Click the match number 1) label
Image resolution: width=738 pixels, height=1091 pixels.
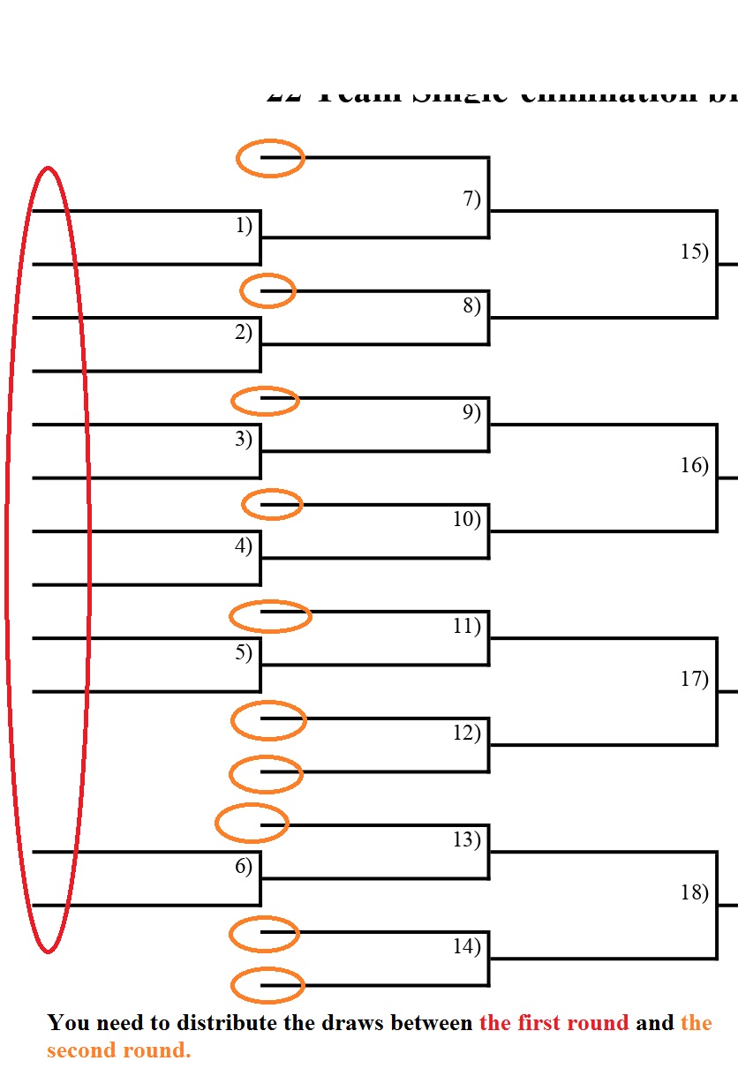tap(244, 226)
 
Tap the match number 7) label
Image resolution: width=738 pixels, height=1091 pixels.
tap(472, 199)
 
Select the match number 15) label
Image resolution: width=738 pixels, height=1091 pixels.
tap(695, 252)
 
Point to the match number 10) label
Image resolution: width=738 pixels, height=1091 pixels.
tap(467, 519)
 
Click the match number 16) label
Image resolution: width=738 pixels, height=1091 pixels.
tap(695, 465)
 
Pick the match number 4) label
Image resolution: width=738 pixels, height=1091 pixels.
tap(244, 545)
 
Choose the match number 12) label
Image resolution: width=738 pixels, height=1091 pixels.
tap(467, 733)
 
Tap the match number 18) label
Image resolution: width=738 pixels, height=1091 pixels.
tap(695, 892)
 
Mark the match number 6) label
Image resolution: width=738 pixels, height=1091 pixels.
tap(244, 866)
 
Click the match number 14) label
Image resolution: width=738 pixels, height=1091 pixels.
tap(467, 947)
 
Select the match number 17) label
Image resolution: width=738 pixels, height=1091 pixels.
tap(695, 679)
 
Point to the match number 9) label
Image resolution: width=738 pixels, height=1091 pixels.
tap(472, 412)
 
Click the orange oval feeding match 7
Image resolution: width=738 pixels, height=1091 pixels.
tap(270, 158)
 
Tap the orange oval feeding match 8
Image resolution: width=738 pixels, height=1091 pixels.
tap(267, 290)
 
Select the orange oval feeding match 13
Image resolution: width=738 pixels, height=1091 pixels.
tap(252, 824)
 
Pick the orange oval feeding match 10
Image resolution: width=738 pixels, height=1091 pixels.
tap(272, 505)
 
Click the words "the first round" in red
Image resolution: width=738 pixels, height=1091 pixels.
tap(554, 1024)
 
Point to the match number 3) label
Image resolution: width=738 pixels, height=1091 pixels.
tap(244, 439)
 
